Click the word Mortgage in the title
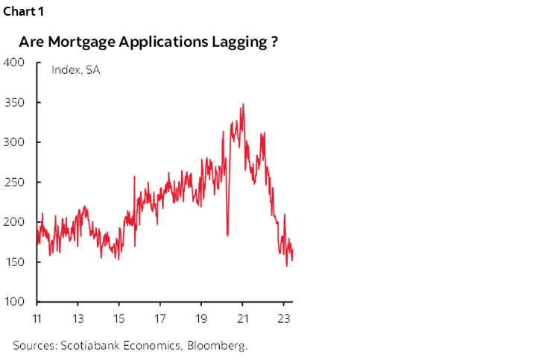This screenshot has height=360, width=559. coord(80,42)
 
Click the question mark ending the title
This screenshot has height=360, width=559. coord(274,42)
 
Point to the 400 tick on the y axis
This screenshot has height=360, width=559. coord(14,63)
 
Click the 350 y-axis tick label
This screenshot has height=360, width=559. coord(14,102)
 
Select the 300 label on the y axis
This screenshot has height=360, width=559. coord(14,142)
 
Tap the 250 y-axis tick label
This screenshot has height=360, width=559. coord(14,182)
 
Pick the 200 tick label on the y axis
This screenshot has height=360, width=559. coord(14,222)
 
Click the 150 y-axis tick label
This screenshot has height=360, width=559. coord(14,262)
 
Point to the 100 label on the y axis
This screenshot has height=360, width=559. coord(14,302)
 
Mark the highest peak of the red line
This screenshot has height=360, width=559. coord(243,104)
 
